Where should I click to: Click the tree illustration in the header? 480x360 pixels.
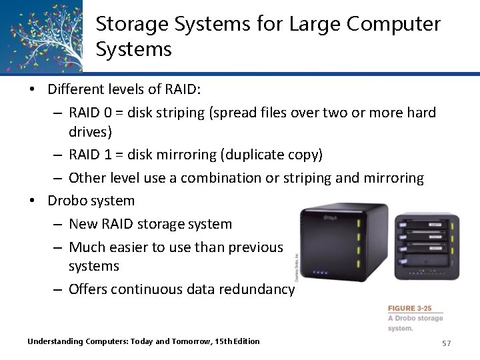point(41,35)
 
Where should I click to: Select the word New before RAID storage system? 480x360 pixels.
point(83,224)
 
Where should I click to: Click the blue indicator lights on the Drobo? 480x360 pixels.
point(320,272)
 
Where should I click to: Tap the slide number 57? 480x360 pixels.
point(446,343)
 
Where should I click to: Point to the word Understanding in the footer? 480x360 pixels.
point(55,341)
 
